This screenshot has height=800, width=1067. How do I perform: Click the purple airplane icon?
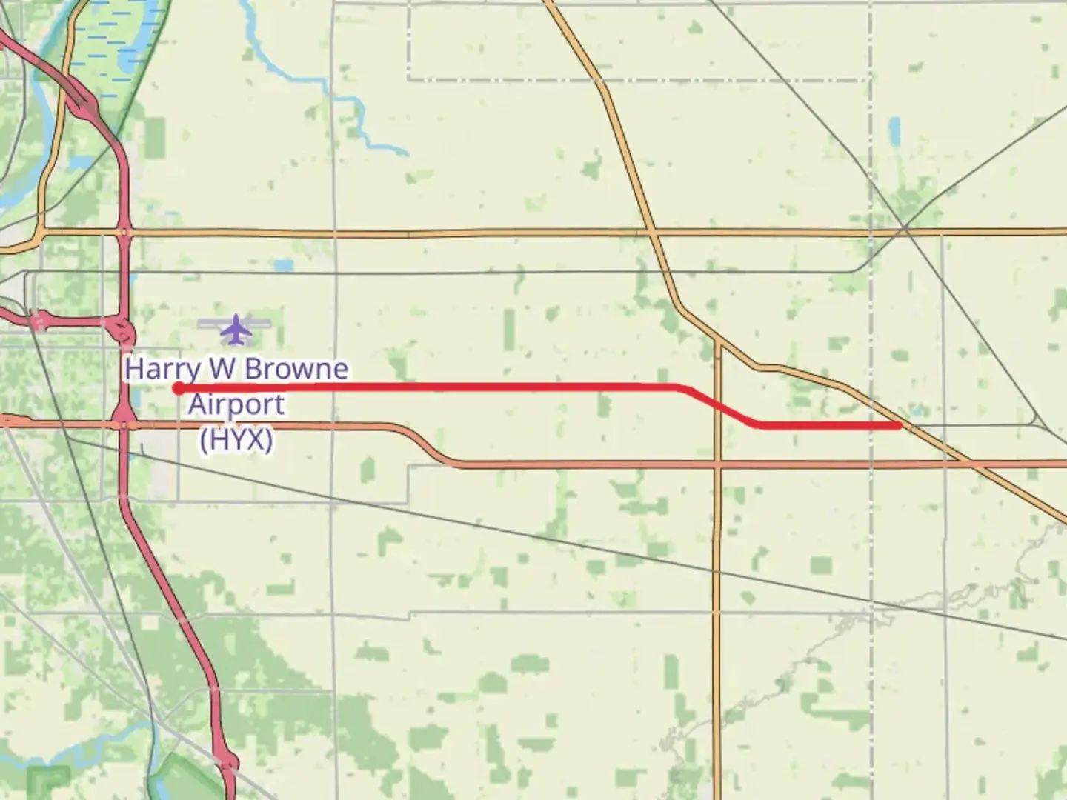(x=236, y=329)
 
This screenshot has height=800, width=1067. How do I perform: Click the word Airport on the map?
(x=236, y=404)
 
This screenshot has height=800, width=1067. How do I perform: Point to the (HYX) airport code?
(x=236, y=440)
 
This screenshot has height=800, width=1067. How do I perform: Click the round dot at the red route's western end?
(x=178, y=388)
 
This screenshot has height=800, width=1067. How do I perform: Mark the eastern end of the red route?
(x=899, y=425)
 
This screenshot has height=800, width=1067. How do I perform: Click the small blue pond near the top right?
(x=894, y=130)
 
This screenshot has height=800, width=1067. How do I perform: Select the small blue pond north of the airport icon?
(x=282, y=265)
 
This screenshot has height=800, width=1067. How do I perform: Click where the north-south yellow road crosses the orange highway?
(x=717, y=464)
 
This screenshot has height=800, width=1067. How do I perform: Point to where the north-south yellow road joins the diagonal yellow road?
(x=717, y=342)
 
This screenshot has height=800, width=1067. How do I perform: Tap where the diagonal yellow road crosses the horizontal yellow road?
(x=652, y=233)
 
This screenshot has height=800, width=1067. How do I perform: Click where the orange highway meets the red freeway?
(x=124, y=425)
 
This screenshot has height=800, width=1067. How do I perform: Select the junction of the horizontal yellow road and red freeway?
(x=124, y=233)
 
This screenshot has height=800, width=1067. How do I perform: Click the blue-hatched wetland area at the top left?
(x=111, y=44)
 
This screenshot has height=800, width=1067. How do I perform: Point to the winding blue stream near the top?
(x=348, y=111)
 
